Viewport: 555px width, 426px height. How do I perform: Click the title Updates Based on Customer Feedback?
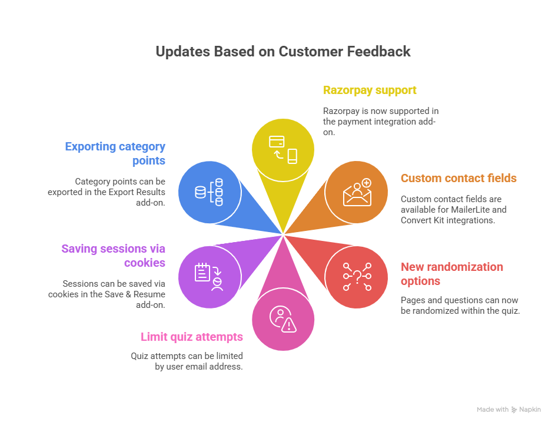coord(283,52)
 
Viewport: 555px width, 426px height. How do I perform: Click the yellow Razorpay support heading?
coord(370,90)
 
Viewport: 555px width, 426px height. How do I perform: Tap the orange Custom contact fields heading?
coord(458,178)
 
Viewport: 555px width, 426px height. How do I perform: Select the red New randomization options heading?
coord(451,274)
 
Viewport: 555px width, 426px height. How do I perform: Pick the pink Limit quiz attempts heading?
coord(191,337)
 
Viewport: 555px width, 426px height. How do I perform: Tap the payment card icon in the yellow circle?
coord(277,142)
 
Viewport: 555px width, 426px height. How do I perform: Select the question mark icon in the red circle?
coord(357,276)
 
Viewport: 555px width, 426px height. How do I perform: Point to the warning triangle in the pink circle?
coord(288,325)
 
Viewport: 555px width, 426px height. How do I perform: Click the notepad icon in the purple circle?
coord(203,271)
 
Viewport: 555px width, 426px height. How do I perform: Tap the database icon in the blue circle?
coord(209,192)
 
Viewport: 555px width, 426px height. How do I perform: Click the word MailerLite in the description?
coord(479,210)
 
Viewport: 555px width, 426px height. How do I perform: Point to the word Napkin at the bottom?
coord(530,410)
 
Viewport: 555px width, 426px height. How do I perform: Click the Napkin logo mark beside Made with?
coord(514,410)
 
